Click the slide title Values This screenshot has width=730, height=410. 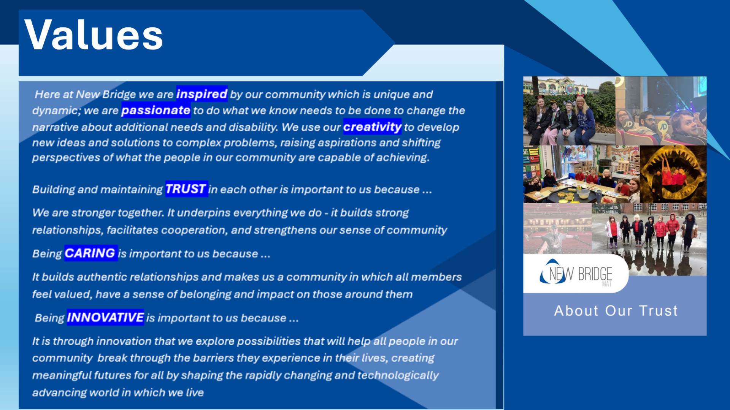coord(94,35)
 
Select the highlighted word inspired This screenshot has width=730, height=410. coord(202,94)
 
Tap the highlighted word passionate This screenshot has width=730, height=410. coord(156,110)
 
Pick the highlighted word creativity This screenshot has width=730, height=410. coord(372,127)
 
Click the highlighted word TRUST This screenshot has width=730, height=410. coord(186,189)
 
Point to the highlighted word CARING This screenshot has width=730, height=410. coord(90,253)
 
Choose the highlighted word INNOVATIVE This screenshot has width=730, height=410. coord(105,317)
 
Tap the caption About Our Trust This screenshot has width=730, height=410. coord(616,311)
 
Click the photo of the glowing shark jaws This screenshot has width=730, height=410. coord(673,174)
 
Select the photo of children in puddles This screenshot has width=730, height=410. coord(649,239)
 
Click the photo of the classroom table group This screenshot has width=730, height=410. coord(581,174)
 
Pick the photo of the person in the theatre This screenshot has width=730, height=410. coord(557,228)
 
